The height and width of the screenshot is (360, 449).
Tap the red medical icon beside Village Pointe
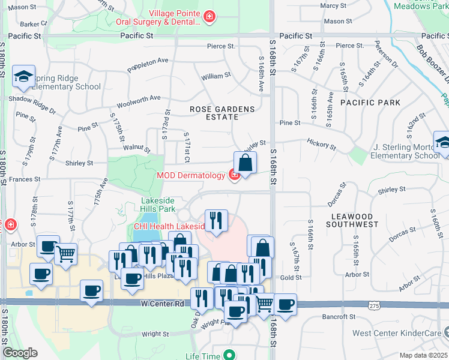tap(209, 16)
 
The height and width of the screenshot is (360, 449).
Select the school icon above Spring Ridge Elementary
tap(23, 76)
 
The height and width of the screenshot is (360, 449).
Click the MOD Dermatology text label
tap(190, 175)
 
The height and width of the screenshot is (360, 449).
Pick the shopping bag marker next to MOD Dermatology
tap(245, 163)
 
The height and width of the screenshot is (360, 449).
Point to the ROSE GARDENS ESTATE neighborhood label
tap(222, 113)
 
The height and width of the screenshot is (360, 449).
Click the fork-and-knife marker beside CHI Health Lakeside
tap(215, 220)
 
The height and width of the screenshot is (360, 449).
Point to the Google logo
tap(20, 353)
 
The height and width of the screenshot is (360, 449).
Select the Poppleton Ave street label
tap(148, 61)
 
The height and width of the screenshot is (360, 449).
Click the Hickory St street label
tap(321, 144)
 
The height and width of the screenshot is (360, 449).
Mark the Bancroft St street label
tap(338, 316)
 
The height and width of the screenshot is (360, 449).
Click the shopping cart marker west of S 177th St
tap(65, 253)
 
